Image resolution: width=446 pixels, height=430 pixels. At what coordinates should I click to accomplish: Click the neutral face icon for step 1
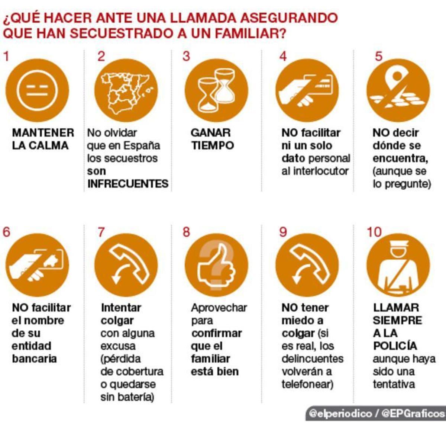pos(37,90)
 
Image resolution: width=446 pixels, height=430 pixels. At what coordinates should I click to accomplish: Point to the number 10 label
pos(374,232)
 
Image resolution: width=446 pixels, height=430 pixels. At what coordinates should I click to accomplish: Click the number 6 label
pos(6,232)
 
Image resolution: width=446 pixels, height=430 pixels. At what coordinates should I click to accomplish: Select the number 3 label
pos(186,56)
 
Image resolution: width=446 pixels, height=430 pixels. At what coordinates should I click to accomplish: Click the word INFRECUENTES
pos(128,184)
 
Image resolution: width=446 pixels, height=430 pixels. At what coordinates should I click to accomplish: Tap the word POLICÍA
pos(395,346)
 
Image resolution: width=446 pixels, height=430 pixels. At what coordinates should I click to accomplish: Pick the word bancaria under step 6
pos(34,359)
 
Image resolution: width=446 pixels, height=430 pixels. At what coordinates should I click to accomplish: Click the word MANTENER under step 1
pos(43,133)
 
